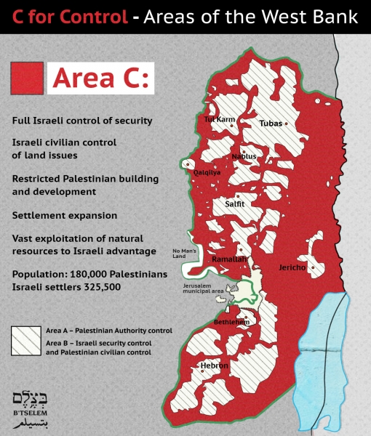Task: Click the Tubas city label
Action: pyautogui.click(x=271, y=124)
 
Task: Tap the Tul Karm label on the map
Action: pyautogui.click(x=220, y=118)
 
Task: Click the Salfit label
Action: pyautogui.click(x=234, y=204)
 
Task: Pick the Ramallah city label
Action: pyautogui.click(x=229, y=259)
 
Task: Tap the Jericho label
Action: pyautogui.click(x=295, y=267)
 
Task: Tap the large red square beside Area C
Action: pyautogui.click(x=27, y=78)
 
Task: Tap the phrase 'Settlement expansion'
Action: pyautogui.click(x=65, y=216)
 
